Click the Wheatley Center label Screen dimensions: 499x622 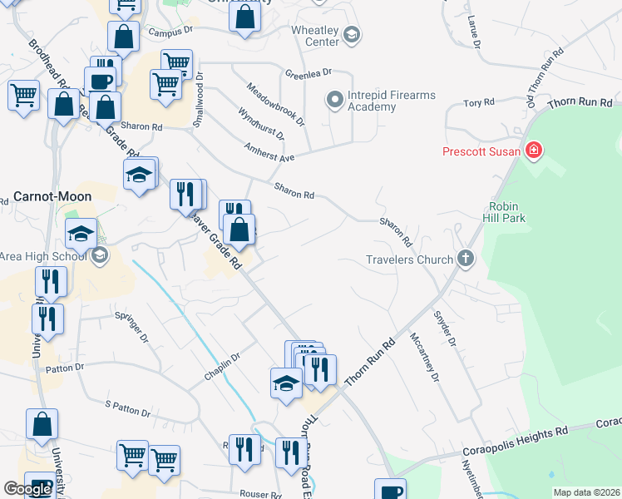pos(313,36)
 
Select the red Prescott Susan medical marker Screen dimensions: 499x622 pos(534,151)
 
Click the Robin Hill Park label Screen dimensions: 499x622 pos(507,212)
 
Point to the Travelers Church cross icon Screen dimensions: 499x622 pos(466,259)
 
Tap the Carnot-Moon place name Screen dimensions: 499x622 pos(52,196)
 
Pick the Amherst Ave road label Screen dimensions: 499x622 pos(269,151)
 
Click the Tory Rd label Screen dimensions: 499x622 pos(479,103)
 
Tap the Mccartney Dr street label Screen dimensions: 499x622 pos(423,358)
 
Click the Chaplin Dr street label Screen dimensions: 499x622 pos(222,367)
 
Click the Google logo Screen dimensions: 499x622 pos(28,489)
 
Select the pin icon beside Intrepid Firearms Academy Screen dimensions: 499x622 pos(335,101)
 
